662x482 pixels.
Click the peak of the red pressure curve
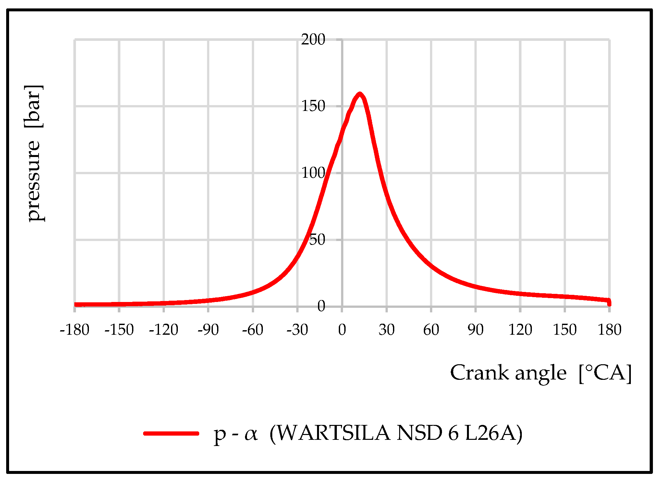pyautogui.click(x=360, y=94)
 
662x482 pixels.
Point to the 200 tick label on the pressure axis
pyautogui.click(x=313, y=40)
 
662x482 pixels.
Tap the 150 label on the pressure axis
pyautogui.click(x=313, y=106)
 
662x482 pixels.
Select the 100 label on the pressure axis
pyautogui.click(x=313, y=173)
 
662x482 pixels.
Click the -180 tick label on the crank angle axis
pyautogui.click(x=75, y=330)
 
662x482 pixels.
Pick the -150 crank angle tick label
pyautogui.click(x=119, y=330)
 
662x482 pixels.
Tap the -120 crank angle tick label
pyautogui.click(x=164, y=330)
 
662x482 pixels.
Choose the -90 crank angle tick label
pyautogui.click(x=208, y=330)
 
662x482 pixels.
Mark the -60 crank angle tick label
pyautogui.click(x=252, y=330)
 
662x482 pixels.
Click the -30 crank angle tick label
pyautogui.click(x=297, y=330)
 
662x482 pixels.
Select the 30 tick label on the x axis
pyautogui.click(x=386, y=330)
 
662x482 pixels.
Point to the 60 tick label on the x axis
pyautogui.click(x=431, y=330)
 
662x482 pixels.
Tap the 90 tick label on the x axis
pyautogui.click(x=475, y=330)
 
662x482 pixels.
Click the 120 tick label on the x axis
pyautogui.click(x=520, y=330)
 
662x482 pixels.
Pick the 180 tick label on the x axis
pyautogui.click(x=609, y=330)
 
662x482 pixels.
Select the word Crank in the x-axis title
pyautogui.click(x=479, y=373)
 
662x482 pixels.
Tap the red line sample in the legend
pyautogui.click(x=171, y=433)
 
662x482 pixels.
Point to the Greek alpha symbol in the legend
pyautogui.click(x=251, y=434)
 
